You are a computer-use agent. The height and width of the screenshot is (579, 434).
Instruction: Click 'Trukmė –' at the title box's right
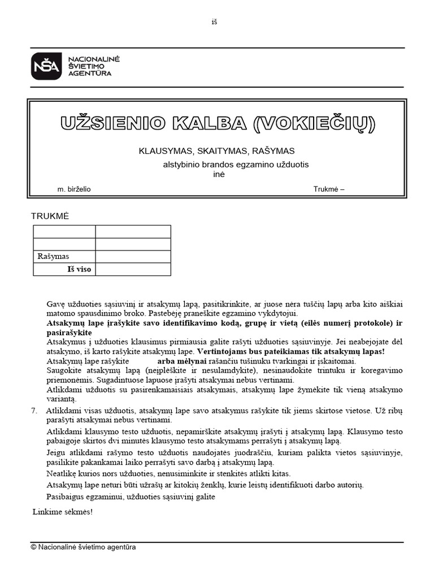coord(329,189)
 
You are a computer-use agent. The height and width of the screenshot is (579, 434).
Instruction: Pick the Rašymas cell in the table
coord(53,257)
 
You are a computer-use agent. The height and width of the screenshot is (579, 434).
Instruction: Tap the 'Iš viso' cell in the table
coord(79,269)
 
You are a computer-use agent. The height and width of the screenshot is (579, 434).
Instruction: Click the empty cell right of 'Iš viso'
coord(133,269)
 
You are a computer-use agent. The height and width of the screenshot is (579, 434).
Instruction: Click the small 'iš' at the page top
coord(214,22)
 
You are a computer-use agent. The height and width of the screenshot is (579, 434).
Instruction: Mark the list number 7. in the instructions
coord(35,411)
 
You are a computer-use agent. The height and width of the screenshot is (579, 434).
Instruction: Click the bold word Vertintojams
coord(222,351)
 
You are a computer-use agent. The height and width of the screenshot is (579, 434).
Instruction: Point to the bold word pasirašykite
coord(69,332)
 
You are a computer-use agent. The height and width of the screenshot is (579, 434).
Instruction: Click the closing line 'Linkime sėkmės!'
coord(62,512)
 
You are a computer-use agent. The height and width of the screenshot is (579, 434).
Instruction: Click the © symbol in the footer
coord(33,547)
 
